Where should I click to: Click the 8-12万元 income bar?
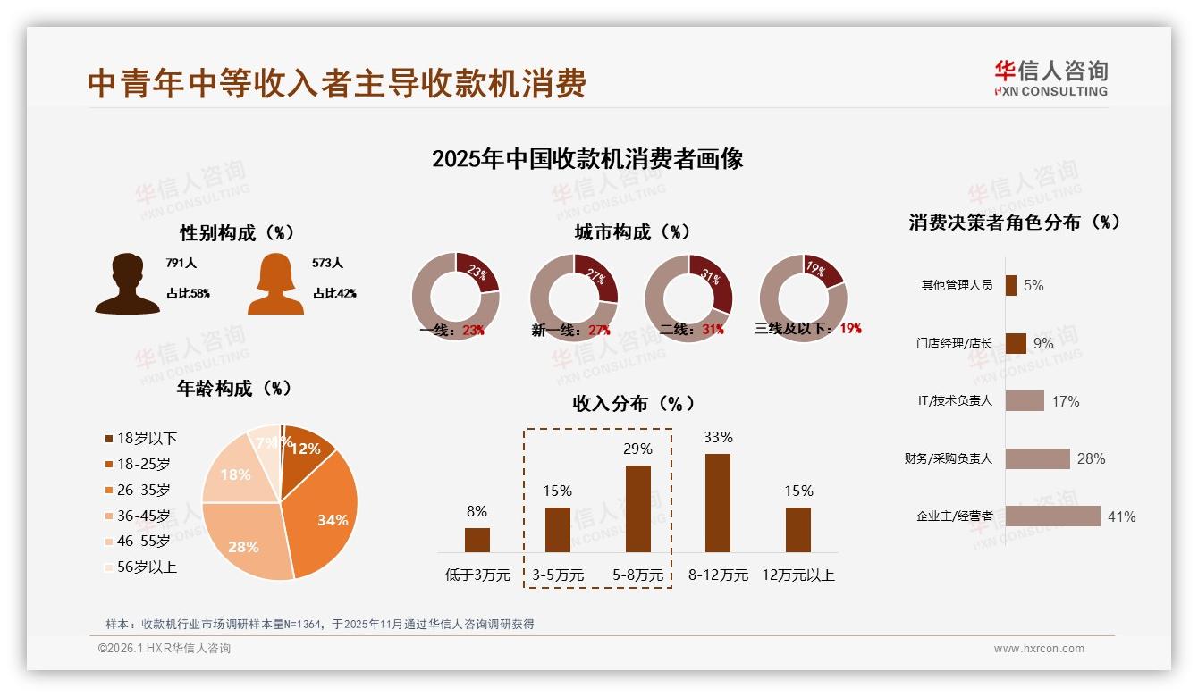[x=718, y=502]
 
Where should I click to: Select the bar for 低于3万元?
[x=477, y=540]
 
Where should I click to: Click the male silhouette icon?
[x=128, y=284]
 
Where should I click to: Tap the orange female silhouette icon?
[x=275, y=285]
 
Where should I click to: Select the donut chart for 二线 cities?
[x=688, y=297]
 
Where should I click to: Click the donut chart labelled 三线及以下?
[x=803, y=297]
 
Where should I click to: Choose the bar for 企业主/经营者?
[x=1052, y=516]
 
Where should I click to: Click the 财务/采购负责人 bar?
[x=1037, y=458]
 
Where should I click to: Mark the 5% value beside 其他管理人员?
[x=1033, y=285]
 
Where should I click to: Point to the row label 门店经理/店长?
[x=954, y=343]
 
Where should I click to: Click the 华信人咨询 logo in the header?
[x=1050, y=79]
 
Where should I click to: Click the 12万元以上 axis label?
[x=798, y=575]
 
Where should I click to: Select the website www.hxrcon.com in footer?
[x=1039, y=649]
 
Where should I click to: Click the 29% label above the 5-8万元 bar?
[x=637, y=449]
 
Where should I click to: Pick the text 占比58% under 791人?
[x=188, y=293]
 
